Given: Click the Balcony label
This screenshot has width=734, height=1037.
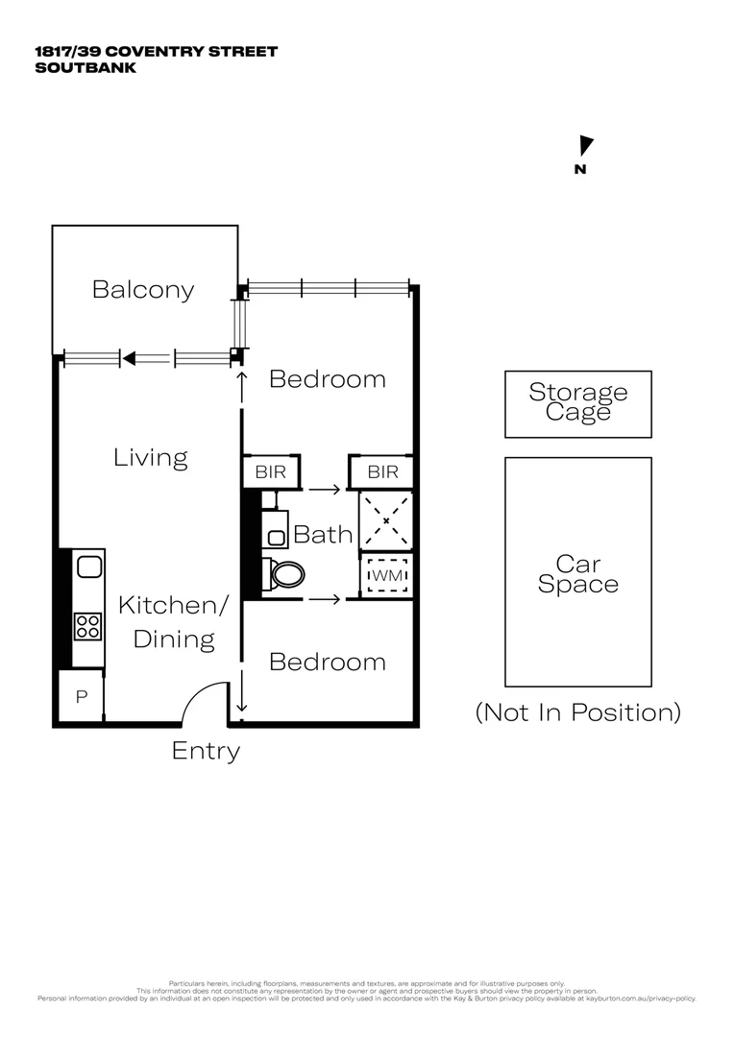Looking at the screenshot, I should (x=143, y=289).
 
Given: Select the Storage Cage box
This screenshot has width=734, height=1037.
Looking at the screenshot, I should (x=577, y=403).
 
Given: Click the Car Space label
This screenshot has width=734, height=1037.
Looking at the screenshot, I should (x=577, y=573).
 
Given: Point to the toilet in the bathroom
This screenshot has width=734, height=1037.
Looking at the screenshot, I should (x=284, y=574).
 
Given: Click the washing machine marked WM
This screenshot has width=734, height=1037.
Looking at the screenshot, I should (x=386, y=575).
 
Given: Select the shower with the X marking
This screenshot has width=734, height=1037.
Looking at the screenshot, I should (x=385, y=520).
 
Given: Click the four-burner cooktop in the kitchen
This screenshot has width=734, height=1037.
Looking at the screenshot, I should (x=88, y=626).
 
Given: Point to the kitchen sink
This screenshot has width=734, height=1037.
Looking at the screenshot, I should (x=89, y=567).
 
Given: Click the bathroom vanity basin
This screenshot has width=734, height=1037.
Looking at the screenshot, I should (x=276, y=536).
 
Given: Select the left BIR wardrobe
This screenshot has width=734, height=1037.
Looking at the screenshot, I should (x=271, y=472).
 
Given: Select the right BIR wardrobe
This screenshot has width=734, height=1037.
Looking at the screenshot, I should (x=382, y=472).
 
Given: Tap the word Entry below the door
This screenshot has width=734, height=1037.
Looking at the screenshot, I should (x=206, y=751).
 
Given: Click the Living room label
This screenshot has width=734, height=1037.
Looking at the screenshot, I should (x=151, y=457).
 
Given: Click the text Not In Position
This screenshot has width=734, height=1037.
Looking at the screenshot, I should (x=577, y=712).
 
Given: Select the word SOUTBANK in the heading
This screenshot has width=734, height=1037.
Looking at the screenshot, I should (x=86, y=68).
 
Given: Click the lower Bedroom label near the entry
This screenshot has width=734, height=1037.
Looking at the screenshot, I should (x=328, y=662).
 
